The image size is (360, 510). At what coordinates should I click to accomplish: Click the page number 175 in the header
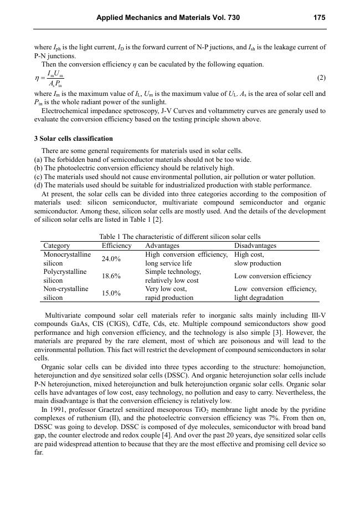[319, 18]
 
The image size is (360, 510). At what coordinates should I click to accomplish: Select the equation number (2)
[321, 78]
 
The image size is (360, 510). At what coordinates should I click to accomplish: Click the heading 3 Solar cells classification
[73, 139]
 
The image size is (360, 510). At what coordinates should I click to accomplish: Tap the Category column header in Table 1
[56, 246]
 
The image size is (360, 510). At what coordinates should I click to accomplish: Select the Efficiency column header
[117, 246]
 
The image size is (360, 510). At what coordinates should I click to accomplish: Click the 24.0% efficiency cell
[111, 259]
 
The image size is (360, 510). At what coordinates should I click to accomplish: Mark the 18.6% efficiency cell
[111, 276]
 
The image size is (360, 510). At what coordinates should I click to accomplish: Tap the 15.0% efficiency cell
[111, 293]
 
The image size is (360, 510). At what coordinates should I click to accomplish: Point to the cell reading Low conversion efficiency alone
[273, 276]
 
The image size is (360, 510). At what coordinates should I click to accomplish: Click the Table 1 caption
[179, 237]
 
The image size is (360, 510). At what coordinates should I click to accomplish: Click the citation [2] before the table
[158, 220]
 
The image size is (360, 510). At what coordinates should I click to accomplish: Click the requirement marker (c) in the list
[38, 176]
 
